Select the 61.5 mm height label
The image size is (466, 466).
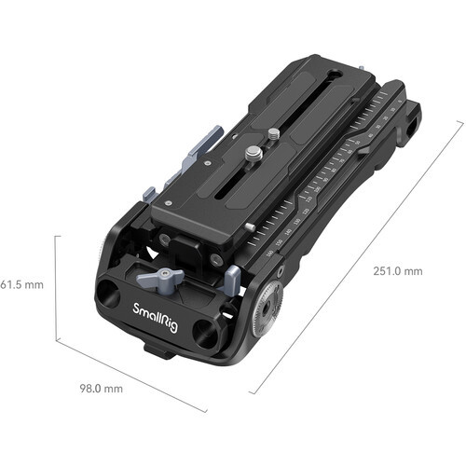tap(20, 282)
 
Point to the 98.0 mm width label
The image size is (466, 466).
tap(99, 387)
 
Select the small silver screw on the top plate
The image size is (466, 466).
tap(272, 134)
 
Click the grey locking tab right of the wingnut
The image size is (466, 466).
tap(234, 277)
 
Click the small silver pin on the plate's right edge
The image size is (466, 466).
tap(251, 226)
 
